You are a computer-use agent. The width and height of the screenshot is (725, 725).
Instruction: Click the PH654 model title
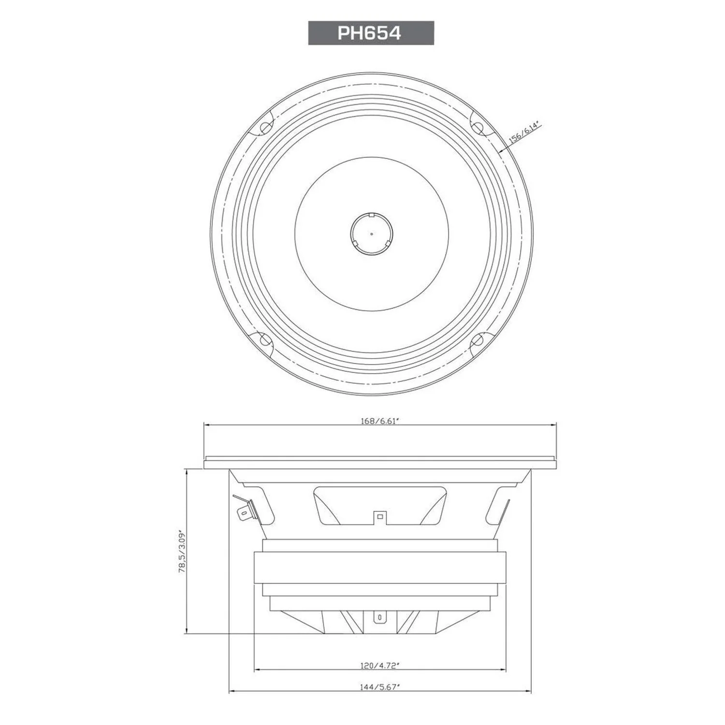coord(369,33)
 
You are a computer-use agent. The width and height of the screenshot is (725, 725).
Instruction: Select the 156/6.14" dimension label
coord(523,132)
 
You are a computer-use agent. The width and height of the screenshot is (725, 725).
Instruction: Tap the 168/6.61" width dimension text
coord(379,420)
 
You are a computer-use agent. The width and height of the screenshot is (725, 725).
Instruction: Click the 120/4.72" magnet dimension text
coord(379,666)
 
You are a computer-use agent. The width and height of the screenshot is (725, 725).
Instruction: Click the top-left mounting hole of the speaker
coord(265,128)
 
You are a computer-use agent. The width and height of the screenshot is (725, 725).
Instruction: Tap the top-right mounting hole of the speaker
coord(477,128)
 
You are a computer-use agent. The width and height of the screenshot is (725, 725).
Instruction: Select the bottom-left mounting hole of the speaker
coord(265,340)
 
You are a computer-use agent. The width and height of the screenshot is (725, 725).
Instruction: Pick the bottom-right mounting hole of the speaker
coord(477,340)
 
